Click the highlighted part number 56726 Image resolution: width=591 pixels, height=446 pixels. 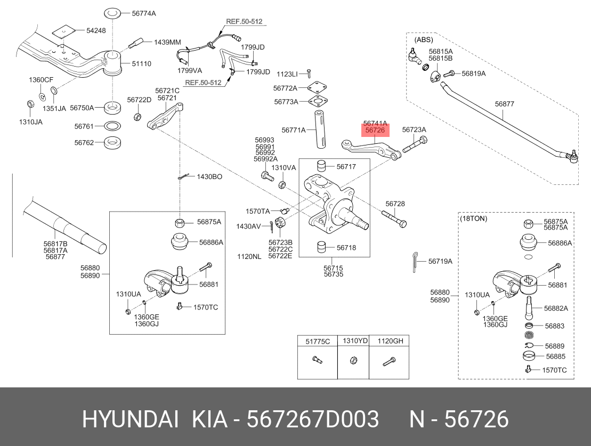[375, 130]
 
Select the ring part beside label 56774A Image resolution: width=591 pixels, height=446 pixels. [111, 12]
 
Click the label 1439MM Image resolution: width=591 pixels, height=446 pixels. [168, 42]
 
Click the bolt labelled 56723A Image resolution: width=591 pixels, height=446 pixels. [416, 144]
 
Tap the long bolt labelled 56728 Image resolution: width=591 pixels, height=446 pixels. [394, 218]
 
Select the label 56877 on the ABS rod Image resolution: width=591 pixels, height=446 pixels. [504, 104]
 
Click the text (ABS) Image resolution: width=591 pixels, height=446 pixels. [424, 39]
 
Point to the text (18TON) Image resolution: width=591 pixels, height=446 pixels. [473, 218]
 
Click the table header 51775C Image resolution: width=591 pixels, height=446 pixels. [318, 341]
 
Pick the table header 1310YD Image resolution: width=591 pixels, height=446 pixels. [355, 341]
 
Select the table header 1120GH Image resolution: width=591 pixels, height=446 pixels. [391, 341]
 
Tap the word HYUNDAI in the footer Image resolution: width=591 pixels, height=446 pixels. [130, 420]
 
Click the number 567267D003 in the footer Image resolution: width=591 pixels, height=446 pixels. [313, 420]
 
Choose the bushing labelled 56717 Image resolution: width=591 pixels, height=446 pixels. [321, 166]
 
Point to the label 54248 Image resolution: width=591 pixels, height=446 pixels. [96, 31]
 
